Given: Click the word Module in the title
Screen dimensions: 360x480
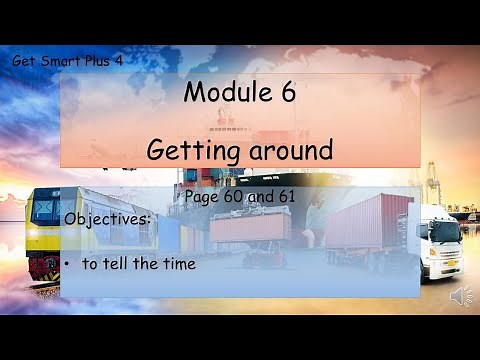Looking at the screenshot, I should pos(225,94).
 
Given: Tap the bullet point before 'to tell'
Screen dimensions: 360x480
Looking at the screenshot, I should pos(66,264).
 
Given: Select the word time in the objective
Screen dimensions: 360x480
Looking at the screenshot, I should pos(180,264).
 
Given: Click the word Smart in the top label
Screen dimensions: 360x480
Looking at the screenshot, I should pos(59,61).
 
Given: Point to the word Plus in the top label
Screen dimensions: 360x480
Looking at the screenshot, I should pos(100,61).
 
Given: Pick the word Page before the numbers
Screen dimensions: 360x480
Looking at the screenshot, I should pos(201,197).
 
